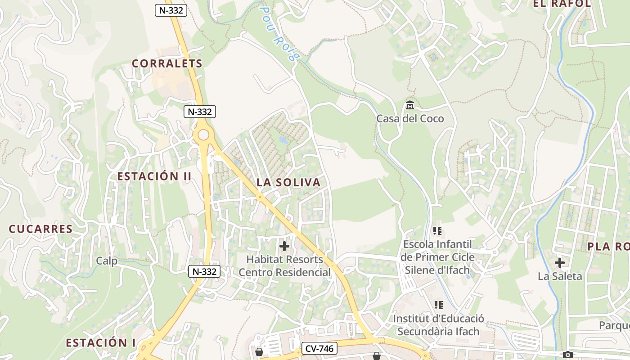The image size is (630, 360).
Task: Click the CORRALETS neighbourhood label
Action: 167,63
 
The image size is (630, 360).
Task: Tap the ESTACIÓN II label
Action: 154,176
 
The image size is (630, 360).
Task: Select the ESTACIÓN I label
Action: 101,342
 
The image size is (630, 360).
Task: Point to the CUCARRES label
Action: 40,229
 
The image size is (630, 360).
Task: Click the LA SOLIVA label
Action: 288,182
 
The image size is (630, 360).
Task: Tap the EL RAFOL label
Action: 562,4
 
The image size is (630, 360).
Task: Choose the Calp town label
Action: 107,261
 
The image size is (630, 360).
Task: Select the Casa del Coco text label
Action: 410,119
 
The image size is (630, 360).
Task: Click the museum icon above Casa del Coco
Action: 410,105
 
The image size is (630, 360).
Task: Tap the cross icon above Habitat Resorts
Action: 284,246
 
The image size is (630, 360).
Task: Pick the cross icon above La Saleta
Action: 560,263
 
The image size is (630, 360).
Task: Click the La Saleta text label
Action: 560,276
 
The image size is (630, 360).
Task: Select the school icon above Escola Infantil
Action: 437,231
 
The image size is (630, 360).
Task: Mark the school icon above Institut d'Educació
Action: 439,305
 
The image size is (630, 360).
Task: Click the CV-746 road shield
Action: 319,348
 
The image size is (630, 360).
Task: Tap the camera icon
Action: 568,355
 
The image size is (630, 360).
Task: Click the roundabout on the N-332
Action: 203,135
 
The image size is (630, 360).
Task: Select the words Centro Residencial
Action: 284,272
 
